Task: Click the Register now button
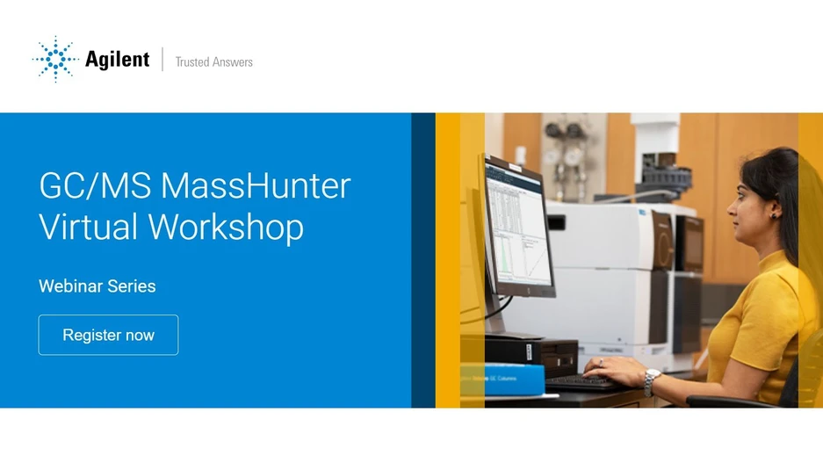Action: tap(108, 335)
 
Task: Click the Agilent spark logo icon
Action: tap(55, 59)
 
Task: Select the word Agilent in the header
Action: tap(117, 59)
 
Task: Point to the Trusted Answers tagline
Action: tap(213, 61)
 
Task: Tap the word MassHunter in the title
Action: tap(256, 186)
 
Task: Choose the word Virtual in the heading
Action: tap(88, 227)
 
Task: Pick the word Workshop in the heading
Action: tap(226, 227)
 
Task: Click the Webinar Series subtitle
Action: tap(97, 286)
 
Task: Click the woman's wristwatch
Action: tap(651, 380)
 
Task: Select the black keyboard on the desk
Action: tap(579, 381)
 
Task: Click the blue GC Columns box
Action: tap(502, 378)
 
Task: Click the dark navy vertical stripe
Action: tap(423, 260)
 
